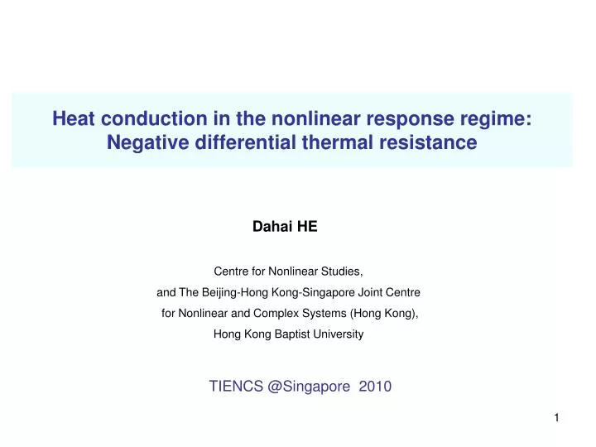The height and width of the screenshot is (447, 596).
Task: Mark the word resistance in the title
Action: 430,142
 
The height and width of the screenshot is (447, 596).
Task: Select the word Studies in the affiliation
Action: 342,271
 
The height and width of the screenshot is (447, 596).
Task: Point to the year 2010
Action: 375,386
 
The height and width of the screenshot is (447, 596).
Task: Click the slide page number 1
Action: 557,419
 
